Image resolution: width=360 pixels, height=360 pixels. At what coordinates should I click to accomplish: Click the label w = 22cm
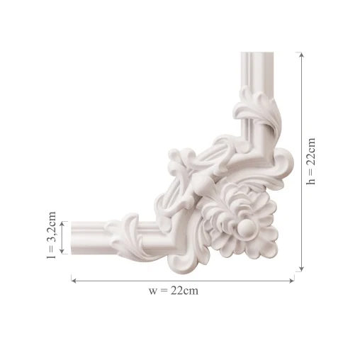point(174,291)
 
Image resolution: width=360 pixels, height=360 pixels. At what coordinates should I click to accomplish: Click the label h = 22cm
point(310,161)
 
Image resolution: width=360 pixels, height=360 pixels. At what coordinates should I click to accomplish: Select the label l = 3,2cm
point(52,235)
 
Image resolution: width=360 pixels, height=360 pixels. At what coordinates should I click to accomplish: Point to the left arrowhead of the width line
point(74,281)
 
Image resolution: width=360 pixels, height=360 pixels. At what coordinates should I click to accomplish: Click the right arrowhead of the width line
point(292,281)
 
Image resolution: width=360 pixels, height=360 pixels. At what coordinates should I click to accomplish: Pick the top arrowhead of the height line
point(301,55)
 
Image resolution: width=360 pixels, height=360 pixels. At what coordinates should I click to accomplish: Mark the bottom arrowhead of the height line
point(301,269)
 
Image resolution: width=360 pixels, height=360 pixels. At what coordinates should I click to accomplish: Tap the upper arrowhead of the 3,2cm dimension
point(62,224)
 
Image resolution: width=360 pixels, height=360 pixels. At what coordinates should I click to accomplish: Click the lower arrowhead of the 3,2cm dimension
point(62,252)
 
